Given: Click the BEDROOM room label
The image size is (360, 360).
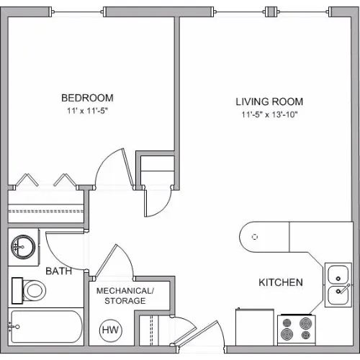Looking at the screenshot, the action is tap(87, 98).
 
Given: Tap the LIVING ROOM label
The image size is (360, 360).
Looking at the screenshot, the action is tap(269, 102).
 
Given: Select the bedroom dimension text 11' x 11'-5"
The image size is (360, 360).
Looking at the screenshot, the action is tap(87, 111).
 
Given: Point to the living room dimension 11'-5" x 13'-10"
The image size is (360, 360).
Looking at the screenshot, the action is tap(269, 114).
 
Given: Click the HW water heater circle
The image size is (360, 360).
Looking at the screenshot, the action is tap(111, 330).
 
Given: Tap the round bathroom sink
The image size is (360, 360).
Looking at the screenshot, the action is tap(24, 247).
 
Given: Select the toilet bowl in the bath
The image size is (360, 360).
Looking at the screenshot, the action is tap(34, 290).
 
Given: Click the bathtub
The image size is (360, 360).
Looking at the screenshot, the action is tap(46, 327).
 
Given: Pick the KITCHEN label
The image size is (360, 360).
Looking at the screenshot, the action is tap(281, 282).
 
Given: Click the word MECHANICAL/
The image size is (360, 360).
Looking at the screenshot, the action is tap(125, 291).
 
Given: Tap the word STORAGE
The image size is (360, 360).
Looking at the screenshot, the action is tap(125, 301).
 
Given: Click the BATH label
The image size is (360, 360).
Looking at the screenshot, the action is tap(59, 271).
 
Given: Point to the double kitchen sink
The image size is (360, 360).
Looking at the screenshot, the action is tap(338, 285).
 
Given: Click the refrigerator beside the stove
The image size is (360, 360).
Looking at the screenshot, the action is tap(255, 328).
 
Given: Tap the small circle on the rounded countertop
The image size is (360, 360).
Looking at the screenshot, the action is tap(255, 237).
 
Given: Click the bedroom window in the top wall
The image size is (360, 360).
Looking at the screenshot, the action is tap(77, 12).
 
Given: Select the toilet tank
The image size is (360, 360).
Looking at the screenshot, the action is tap(17, 291).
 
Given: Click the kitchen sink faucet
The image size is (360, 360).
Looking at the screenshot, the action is tap(344, 288).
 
